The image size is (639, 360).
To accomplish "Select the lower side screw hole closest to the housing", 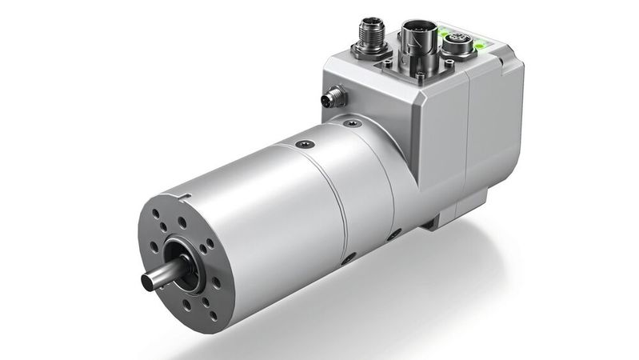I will click(x=393, y=235).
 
